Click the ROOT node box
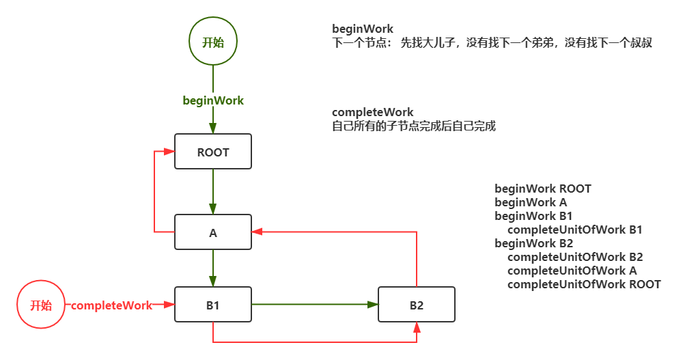coord(213,152)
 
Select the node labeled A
coord(213,233)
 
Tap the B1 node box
coord(213,305)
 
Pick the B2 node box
coord(417,305)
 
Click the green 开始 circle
coord(213,42)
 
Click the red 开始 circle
coord(41,305)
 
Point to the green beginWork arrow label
coord(213,100)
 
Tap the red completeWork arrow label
coord(111,305)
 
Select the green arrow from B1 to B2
coord(314,305)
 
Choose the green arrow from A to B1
coord(213,268)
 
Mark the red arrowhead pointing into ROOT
coord(169,151)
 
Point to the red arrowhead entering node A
coord(257,232)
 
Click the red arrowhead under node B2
coord(417,329)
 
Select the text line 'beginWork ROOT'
coord(543,189)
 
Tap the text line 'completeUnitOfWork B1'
coord(574,230)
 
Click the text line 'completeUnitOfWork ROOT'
coord(584,284)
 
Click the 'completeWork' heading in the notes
coord(373,112)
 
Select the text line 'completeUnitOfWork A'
coord(572,271)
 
